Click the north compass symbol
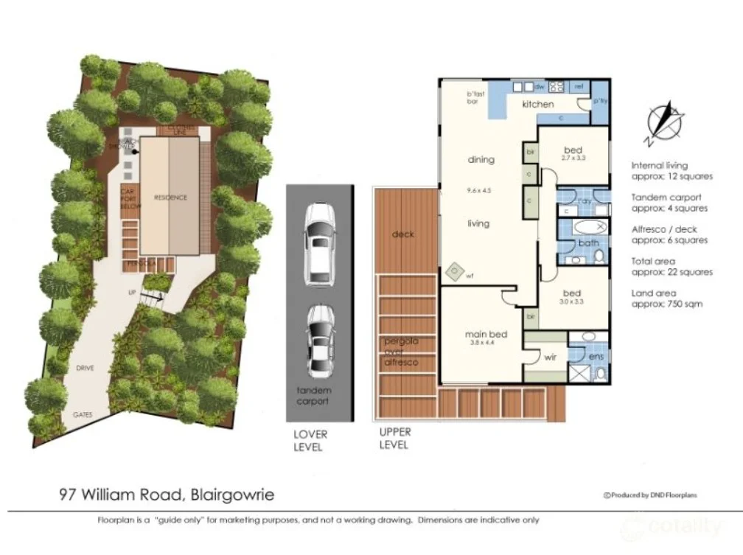click(663, 122)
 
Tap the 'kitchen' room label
click(537, 105)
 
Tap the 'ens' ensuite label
click(596, 355)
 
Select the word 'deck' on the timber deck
click(402, 234)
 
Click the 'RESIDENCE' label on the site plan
click(170, 198)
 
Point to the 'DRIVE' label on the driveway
click(83, 367)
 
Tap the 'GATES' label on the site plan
click(82, 415)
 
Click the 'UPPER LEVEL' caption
click(395, 439)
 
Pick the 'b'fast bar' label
click(473, 97)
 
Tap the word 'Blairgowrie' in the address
click(232, 495)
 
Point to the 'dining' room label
click(481, 159)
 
